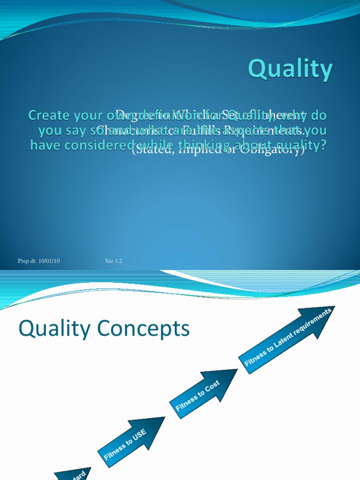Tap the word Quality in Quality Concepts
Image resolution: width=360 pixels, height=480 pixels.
(x=53, y=329)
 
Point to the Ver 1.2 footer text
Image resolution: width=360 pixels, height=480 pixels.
(x=113, y=261)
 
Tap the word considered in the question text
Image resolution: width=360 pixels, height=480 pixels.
(x=102, y=146)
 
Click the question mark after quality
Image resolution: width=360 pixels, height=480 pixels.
(x=322, y=146)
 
